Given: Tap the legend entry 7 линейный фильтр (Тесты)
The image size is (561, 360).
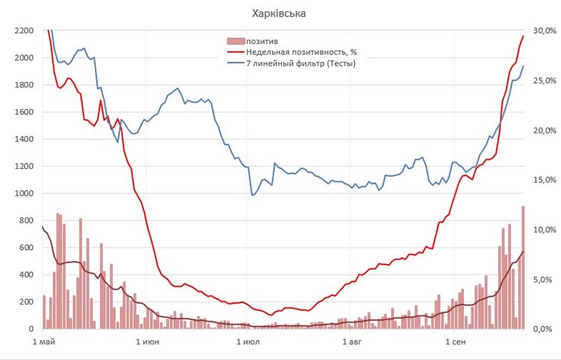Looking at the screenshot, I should point(301,63).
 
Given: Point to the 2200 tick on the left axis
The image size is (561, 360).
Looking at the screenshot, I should point(24,31).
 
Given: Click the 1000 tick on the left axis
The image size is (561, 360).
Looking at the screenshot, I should point(24,194).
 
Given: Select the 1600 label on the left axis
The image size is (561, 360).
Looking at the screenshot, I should point(24,112).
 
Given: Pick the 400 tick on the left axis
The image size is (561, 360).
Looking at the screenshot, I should point(26,275).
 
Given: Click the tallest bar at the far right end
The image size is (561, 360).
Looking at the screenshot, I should point(522,268).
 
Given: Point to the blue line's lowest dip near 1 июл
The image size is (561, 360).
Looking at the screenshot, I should point(252,195).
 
